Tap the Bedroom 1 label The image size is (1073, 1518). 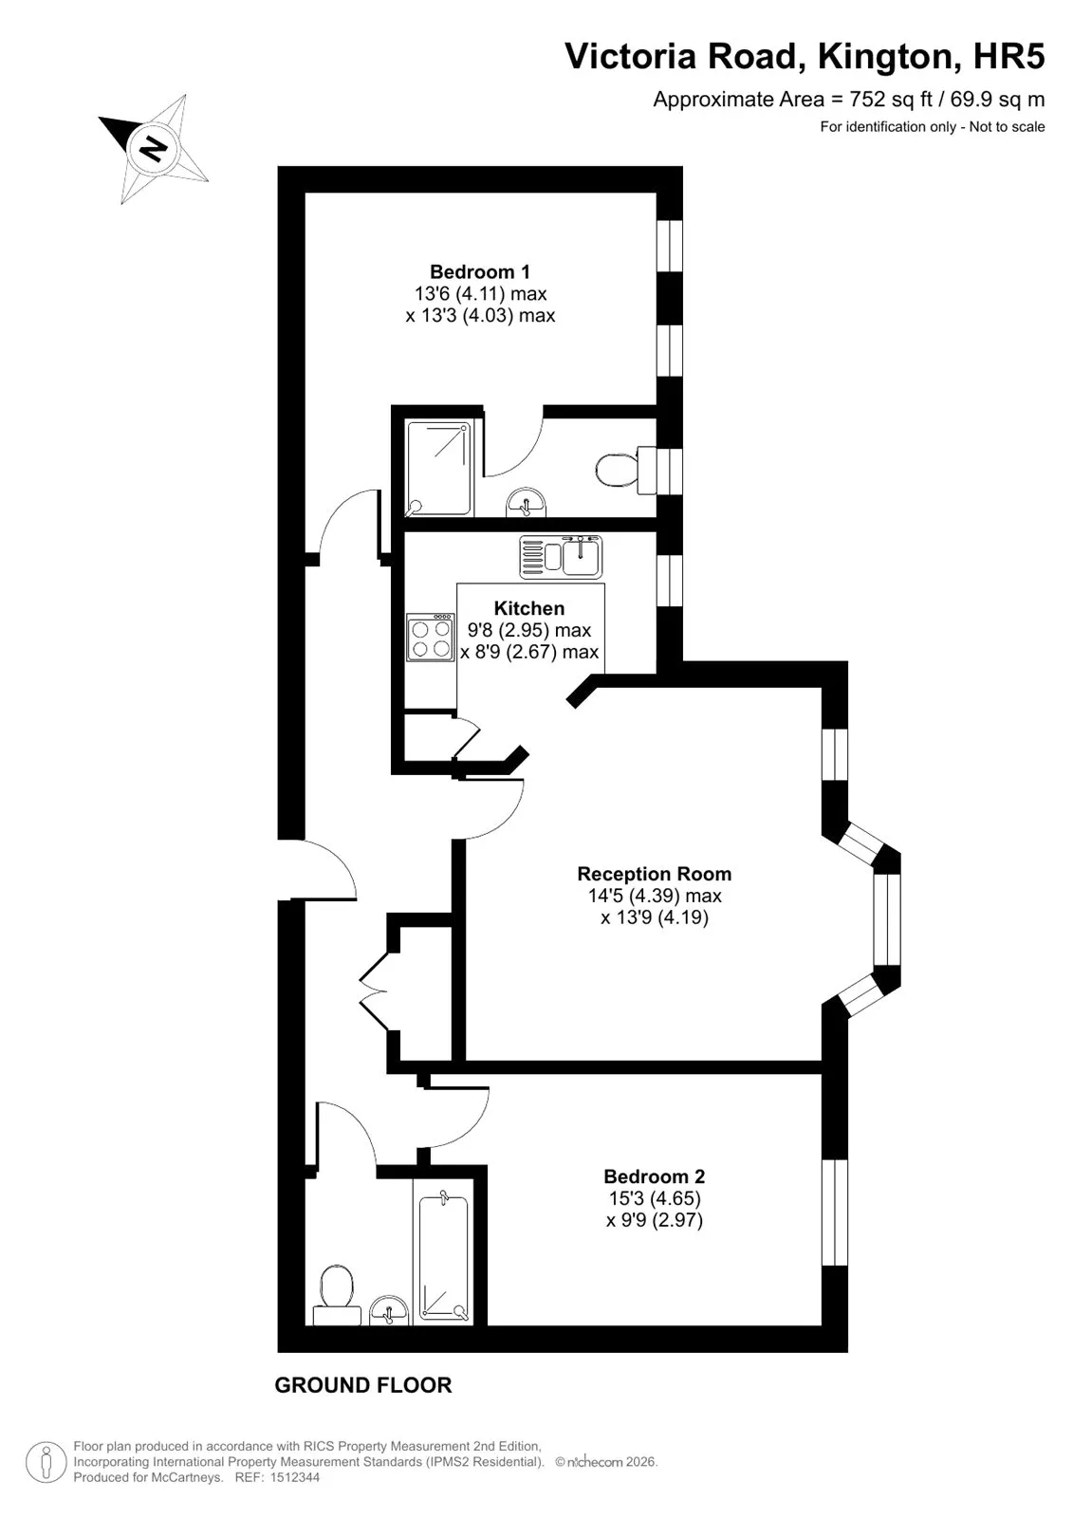pyautogui.click(x=480, y=271)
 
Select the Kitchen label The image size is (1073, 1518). pyautogui.click(x=528, y=608)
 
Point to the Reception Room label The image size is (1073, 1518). pyautogui.click(x=654, y=874)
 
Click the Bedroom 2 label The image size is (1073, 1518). pyautogui.click(x=654, y=1176)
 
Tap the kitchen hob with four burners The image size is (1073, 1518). pyautogui.click(x=431, y=637)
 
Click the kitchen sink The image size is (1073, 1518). pyautogui.click(x=562, y=557)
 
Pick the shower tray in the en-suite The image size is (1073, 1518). pyautogui.click(x=438, y=468)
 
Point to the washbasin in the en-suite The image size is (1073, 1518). pyautogui.click(x=526, y=502)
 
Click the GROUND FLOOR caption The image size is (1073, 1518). pyautogui.click(x=363, y=1385)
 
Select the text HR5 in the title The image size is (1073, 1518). pyautogui.click(x=1009, y=56)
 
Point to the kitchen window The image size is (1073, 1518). pyautogui.click(x=670, y=580)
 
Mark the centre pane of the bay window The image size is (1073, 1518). pyautogui.click(x=887, y=919)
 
